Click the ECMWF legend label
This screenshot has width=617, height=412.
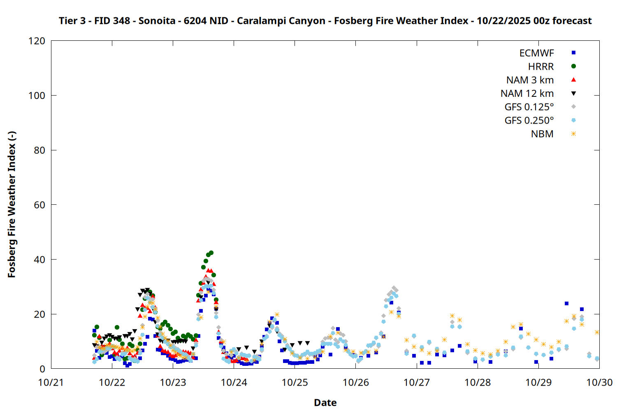(x=536, y=53)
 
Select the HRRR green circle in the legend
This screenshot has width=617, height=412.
(x=573, y=66)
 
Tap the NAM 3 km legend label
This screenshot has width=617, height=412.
(x=530, y=80)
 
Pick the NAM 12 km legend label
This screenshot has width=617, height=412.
(x=527, y=94)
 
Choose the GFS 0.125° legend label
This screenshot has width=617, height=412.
(x=529, y=107)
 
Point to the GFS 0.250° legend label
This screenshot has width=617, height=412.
(x=529, y=121)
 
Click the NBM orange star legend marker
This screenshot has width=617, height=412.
(x=573, y=134)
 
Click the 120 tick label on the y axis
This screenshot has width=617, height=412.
(x=37, y=41)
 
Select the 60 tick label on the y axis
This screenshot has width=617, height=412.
(x=39, y=205)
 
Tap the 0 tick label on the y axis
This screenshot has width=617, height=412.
(x=42, y=369)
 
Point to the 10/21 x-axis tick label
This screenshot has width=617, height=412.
(x=51, y=382)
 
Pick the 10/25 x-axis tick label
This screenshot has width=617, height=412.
(x=295, y=382)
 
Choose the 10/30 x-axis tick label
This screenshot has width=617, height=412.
(x=599, y=382)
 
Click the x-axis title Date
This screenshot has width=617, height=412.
(x=325, y=403)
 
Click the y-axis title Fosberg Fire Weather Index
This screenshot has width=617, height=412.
(x=12, y=205)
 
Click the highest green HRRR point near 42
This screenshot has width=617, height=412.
(x=211, y=253)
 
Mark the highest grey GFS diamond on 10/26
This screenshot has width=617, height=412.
(x=394, y=288)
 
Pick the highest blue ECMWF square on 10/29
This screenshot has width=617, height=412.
(x=566, y=304)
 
